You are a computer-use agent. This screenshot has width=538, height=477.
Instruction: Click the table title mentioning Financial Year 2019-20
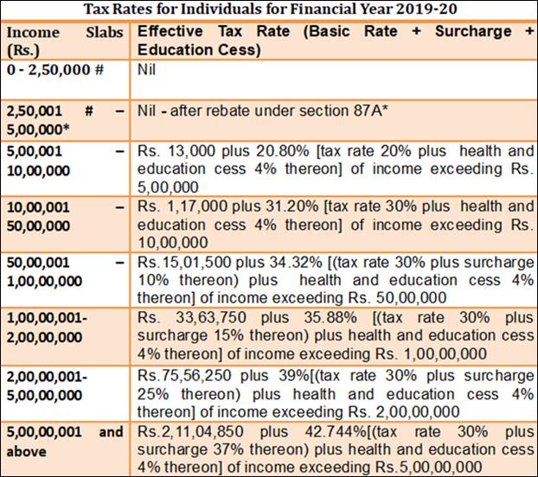pos(268,10)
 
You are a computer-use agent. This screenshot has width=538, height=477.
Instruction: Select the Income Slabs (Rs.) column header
pos(65,41)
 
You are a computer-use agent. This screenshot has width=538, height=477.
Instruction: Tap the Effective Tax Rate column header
pos(335,41)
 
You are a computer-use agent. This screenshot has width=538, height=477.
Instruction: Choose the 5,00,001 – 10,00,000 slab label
pos(65,157)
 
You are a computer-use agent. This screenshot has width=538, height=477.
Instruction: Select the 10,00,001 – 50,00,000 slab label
pos(65,216)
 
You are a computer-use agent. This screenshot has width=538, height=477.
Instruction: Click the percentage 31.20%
pos(283,207)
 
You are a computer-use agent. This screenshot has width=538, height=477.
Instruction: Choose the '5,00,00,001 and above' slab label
pos(65,441)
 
